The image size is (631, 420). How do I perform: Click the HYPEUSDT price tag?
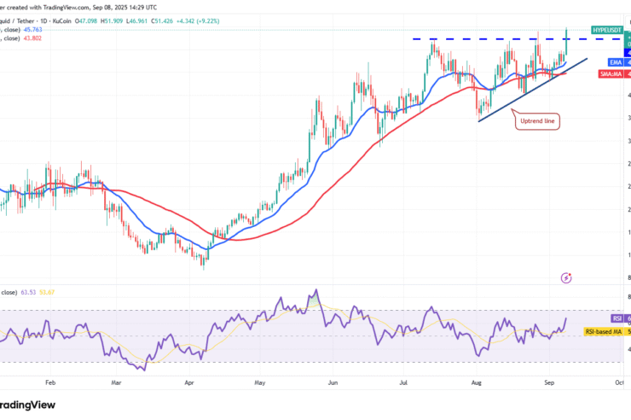coord(611,30)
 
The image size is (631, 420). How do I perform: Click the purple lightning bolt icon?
coord(566,277)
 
